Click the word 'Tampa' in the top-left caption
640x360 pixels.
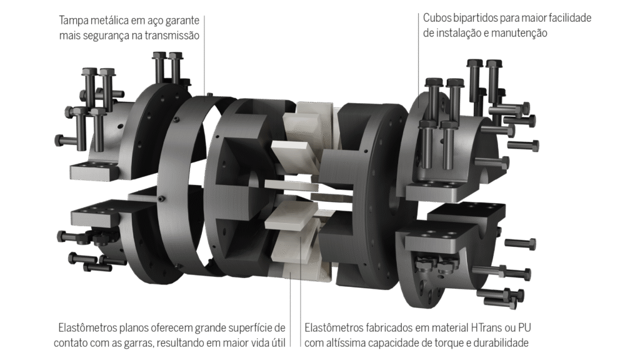point(72,21)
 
